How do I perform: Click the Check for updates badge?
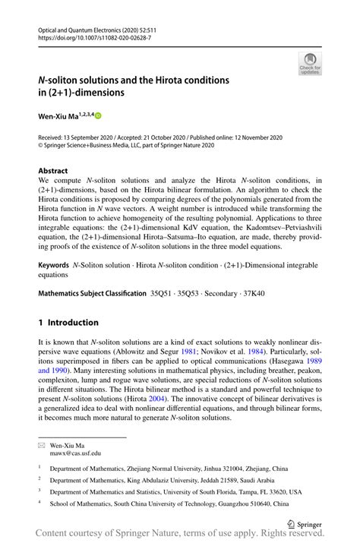(x=309, y=65)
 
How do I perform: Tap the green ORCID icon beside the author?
(x=97, y=115)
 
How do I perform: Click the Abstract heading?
(x=53, y=171)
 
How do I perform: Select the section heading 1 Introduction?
(x=68, y=322)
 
